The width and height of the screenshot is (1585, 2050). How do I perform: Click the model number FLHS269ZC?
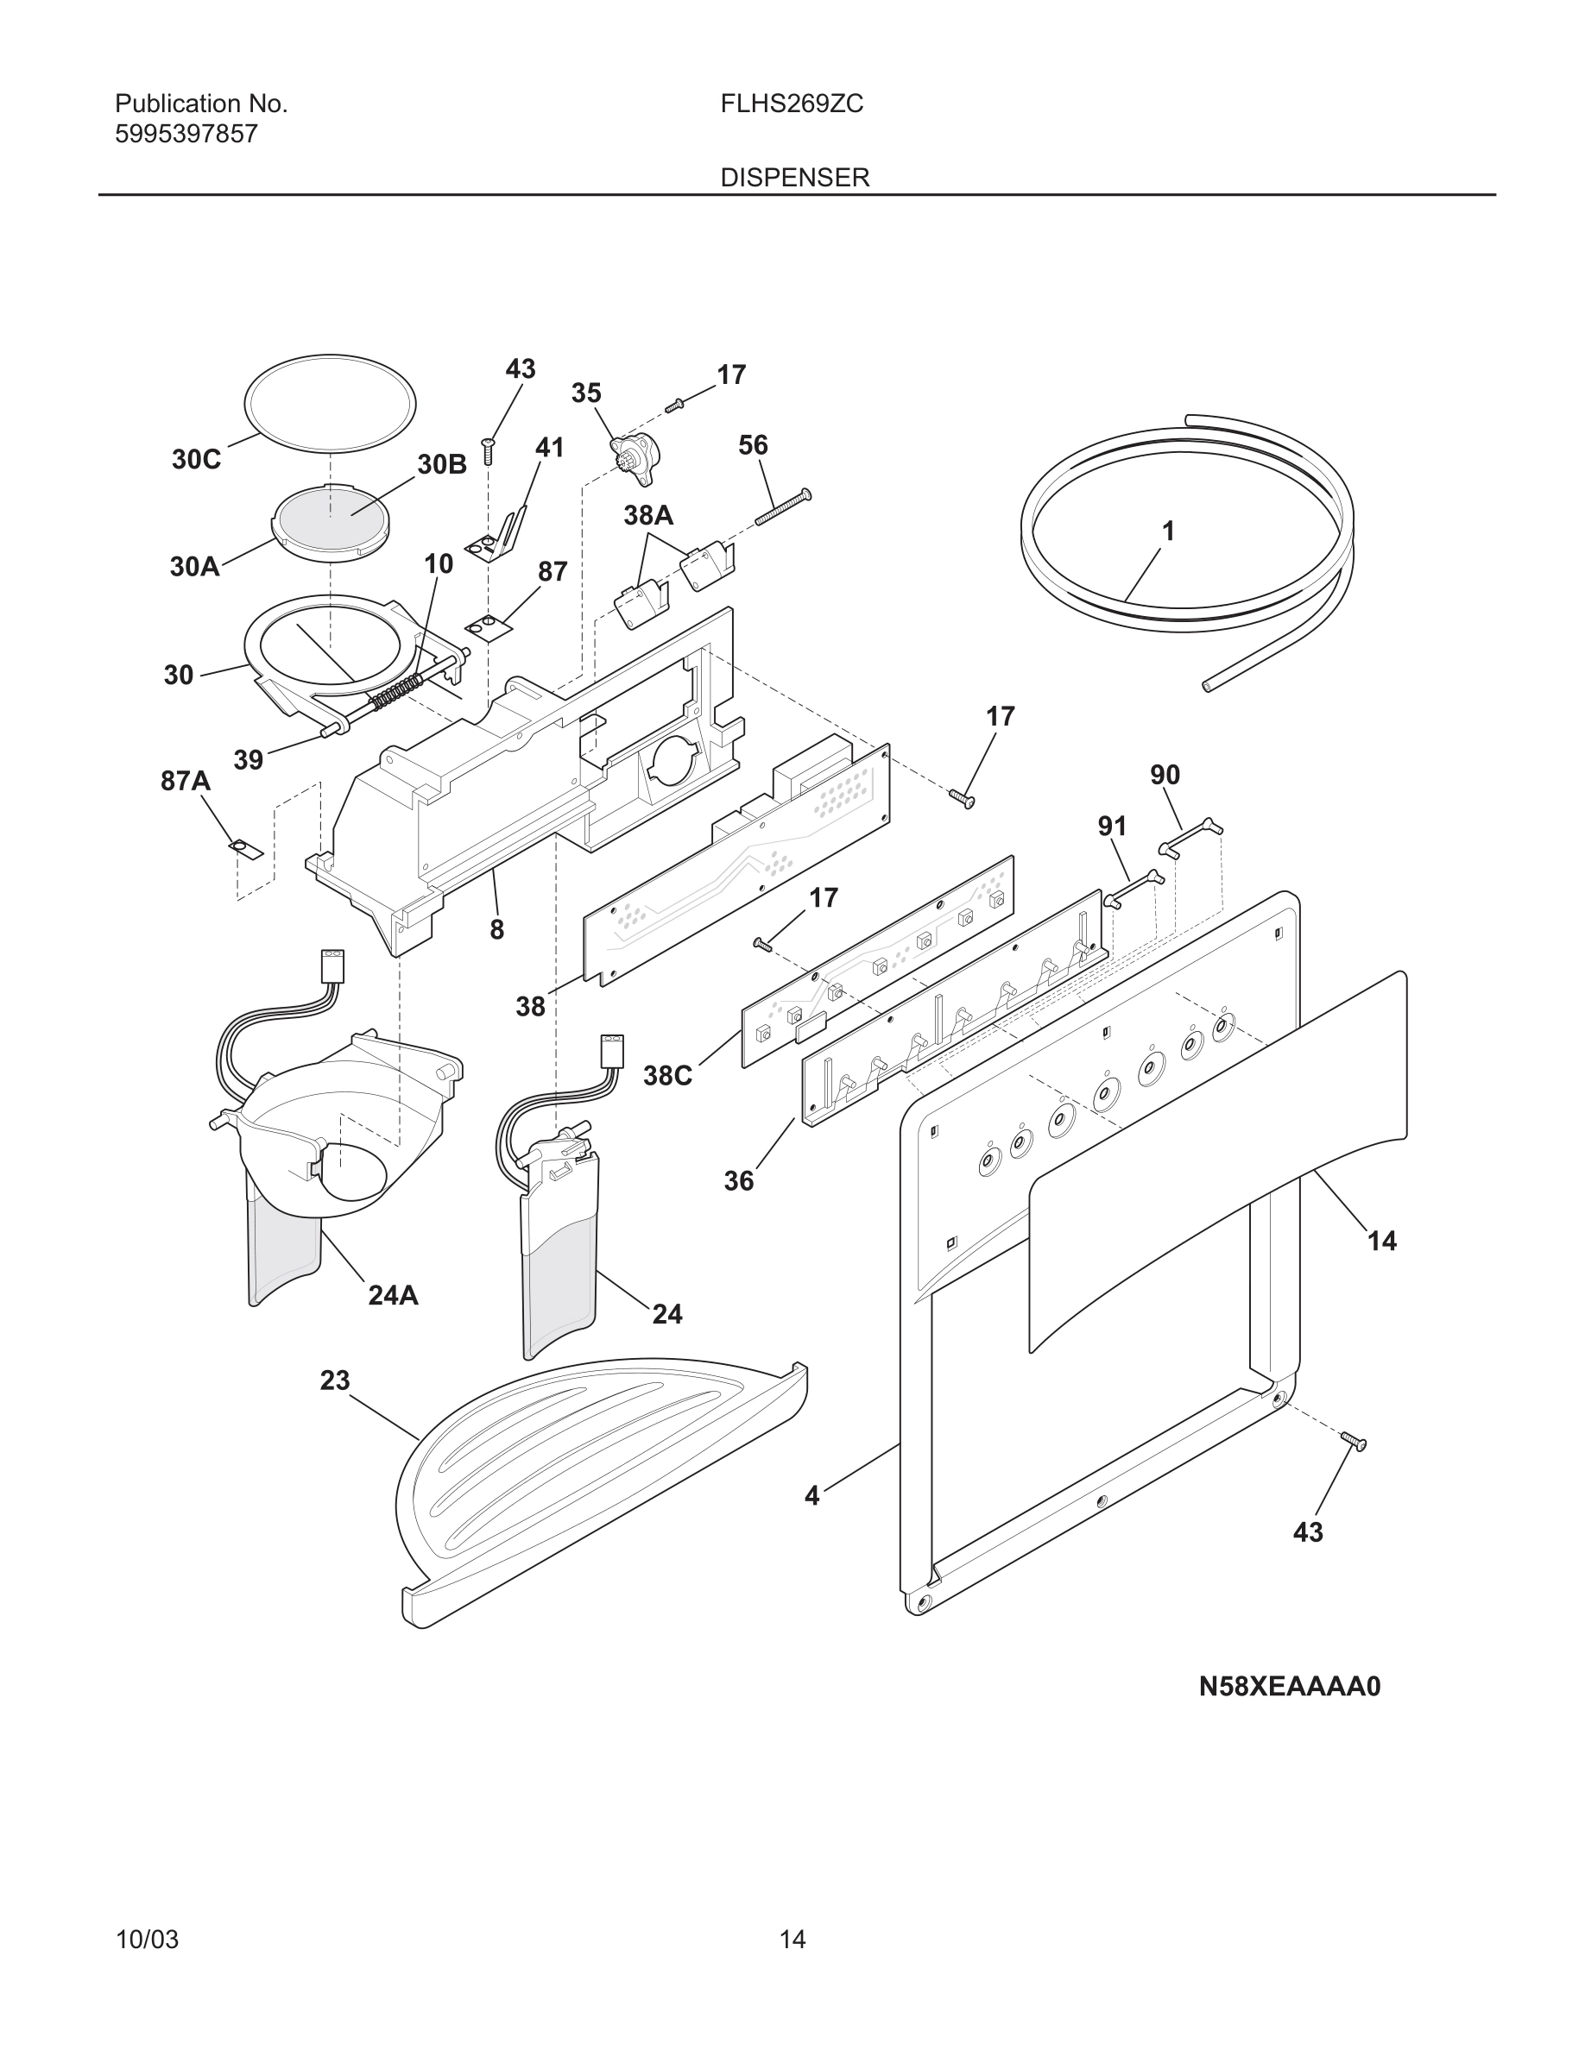point(792,104)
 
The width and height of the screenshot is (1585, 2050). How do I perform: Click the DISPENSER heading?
point(794,178)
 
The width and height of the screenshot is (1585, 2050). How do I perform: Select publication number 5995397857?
point(186,135)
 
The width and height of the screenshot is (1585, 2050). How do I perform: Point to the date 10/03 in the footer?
point(147,1940)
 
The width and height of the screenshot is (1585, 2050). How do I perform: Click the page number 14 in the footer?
point(792,1940)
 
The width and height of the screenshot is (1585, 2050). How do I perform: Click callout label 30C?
point(196,459)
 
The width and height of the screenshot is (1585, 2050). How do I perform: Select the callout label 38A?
point(647,514)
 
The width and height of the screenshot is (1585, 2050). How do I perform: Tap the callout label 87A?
point(185,781)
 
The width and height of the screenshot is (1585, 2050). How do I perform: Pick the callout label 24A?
point(393,1295)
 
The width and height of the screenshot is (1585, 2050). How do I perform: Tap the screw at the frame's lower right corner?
point(1353,1441)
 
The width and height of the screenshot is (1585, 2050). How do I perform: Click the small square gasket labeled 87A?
point(246,848)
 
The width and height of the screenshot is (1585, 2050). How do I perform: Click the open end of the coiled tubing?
point(1207,687)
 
